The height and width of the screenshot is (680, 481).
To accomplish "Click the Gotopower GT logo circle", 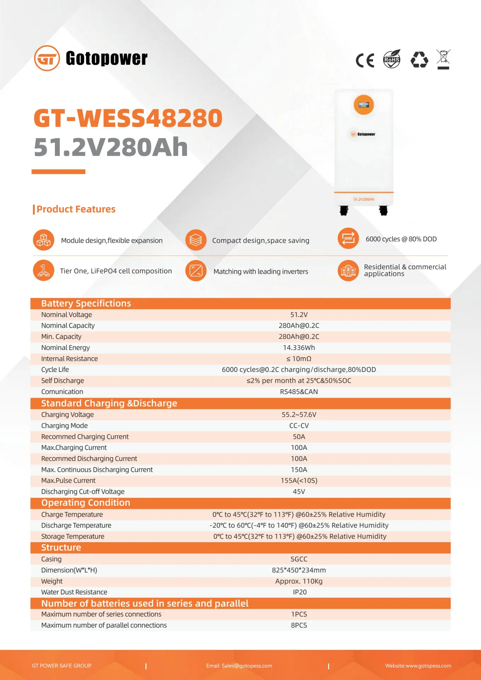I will point(47,58).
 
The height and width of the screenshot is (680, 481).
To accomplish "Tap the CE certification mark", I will point(365,60).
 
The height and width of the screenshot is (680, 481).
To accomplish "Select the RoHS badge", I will point(392,59).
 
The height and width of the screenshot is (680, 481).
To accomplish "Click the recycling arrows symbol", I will point(419,59).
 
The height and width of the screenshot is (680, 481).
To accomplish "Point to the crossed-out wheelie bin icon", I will point(443,59).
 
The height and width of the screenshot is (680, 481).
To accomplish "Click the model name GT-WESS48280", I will point(128,118).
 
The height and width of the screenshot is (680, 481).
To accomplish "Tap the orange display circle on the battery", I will point(364,105).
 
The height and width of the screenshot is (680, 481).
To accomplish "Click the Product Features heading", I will point(76,209).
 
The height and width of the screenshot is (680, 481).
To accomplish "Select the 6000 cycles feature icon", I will point(348,238).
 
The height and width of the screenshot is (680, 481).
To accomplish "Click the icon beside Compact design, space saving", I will point(196,240).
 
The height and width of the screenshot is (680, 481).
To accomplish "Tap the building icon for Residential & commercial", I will point(348,271).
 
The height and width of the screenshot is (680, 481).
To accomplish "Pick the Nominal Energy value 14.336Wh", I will point(299,348).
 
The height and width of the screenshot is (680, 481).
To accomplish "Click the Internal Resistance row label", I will point(69,359).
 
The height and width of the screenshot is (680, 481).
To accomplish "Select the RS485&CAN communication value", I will point(299,392).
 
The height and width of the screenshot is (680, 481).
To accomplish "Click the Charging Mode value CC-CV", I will point(299,426).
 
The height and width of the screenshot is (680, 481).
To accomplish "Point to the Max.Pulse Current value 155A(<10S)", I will point(299,481).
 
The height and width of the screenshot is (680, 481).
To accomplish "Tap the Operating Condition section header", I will point(86,503).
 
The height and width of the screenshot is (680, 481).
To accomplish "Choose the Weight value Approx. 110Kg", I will point(299,581).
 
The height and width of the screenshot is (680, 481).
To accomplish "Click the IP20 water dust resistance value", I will point(300,592).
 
